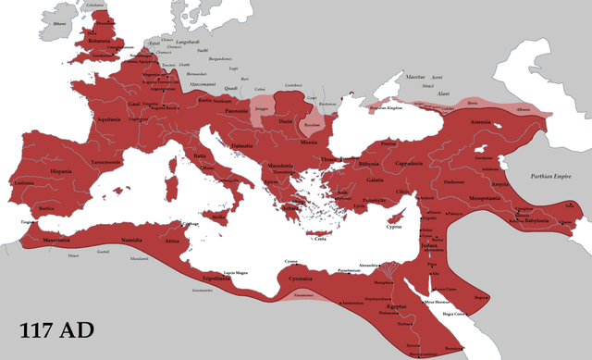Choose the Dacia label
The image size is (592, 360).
click(x=286, y=121)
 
